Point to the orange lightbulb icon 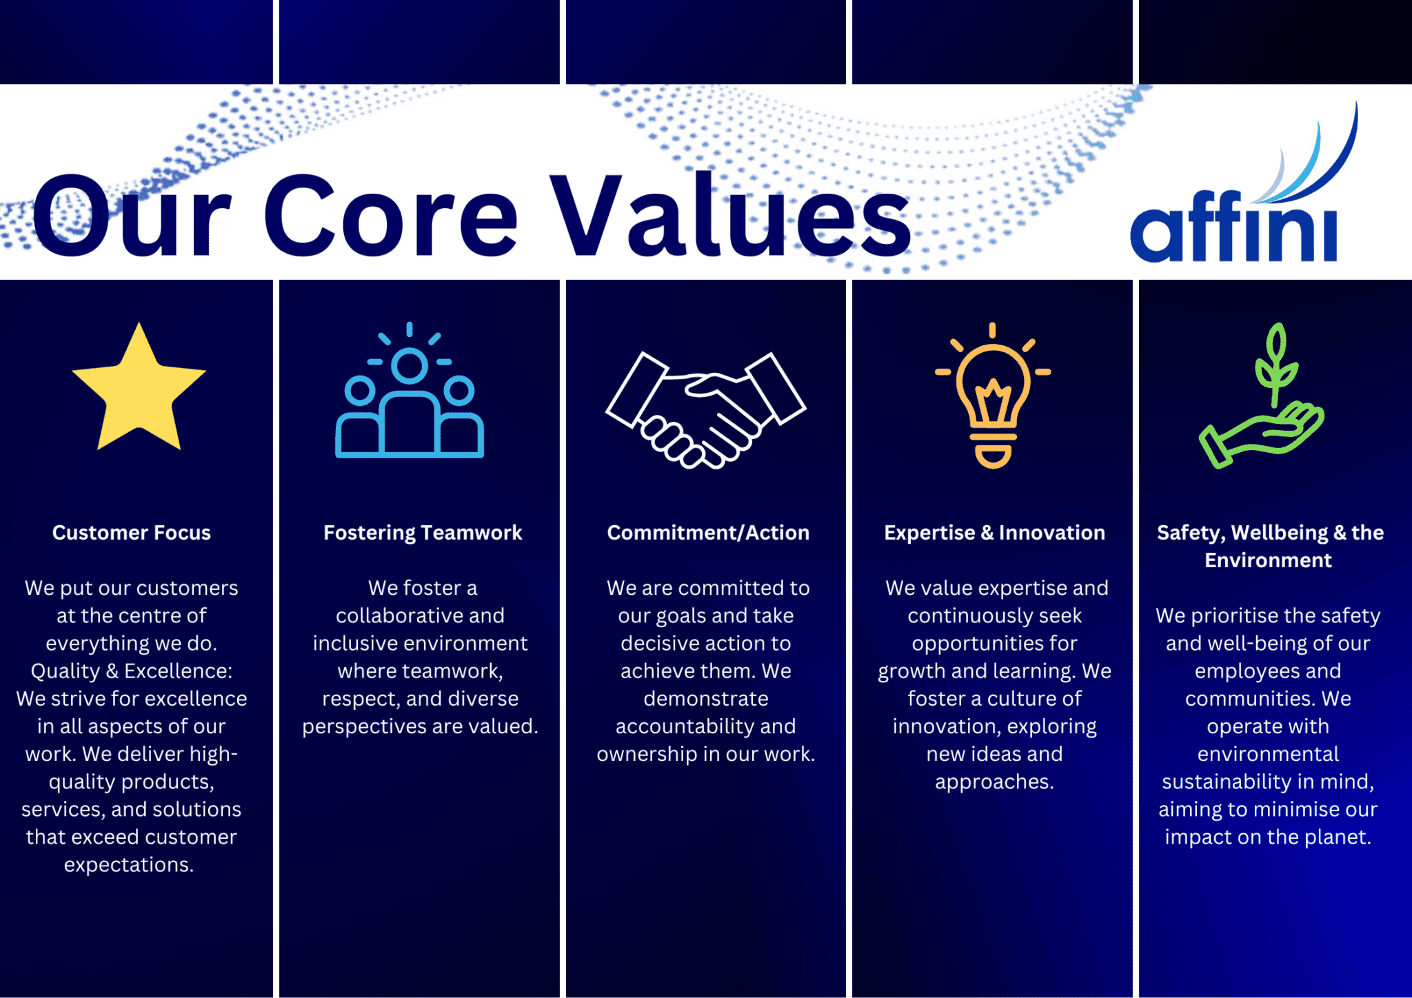pos(993,396)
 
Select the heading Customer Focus pos(132,533)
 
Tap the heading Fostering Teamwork pos(423,533)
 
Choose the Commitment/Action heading pos(708,533)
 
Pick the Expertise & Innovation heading pos(994,533)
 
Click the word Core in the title pos(390,216)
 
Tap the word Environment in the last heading pos(1268,560)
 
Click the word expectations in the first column pos(128,865)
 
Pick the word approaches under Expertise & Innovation pos(994,782)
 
